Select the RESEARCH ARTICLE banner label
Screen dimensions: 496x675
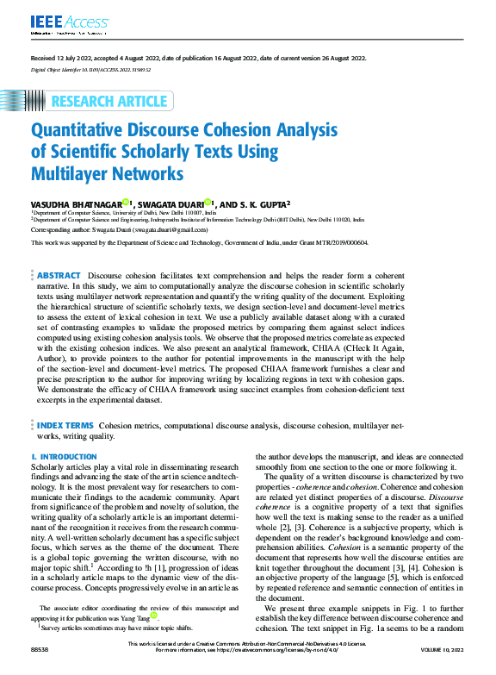click(108, 102)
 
